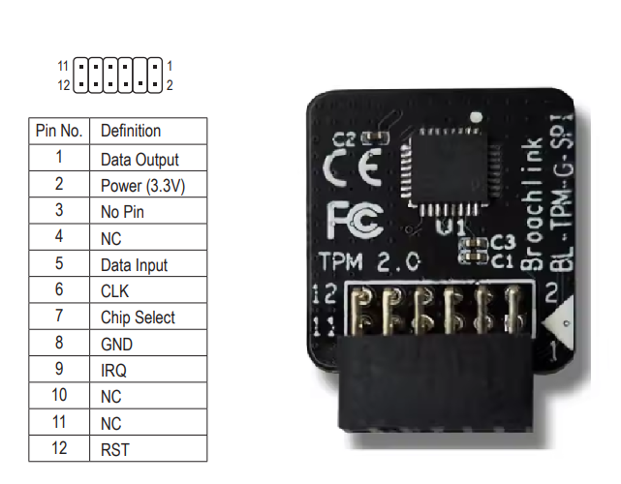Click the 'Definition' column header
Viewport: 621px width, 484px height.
(131, 131)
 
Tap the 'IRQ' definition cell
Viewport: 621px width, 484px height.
(113, 370)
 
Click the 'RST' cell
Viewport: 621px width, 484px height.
(114, 449)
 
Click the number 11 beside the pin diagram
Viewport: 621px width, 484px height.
(63, 66)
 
